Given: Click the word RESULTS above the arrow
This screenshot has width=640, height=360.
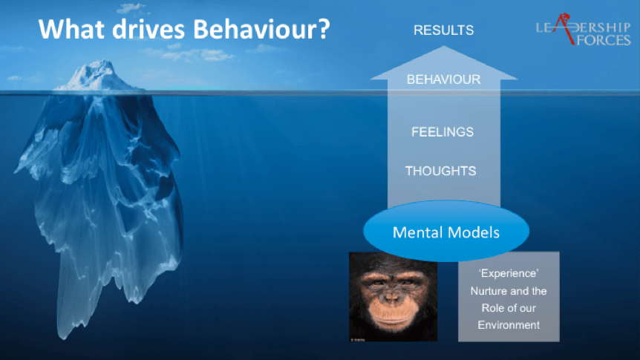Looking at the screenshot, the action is tap(444, 30).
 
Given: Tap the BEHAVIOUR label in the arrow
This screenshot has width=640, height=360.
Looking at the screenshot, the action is tap(444, 79).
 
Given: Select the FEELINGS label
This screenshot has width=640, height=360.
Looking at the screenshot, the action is tap(443, 132).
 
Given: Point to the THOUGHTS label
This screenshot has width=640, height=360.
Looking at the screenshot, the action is tap(441, 171).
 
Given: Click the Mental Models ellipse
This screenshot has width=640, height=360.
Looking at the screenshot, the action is tap(446, 231).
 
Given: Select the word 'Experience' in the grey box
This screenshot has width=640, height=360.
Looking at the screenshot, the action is tap(509, 273).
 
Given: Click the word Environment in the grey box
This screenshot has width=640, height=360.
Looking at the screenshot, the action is tap(509, 325).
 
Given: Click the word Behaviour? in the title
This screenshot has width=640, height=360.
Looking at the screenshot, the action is tap(261, 30).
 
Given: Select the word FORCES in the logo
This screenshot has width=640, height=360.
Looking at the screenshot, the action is tap(604, 40).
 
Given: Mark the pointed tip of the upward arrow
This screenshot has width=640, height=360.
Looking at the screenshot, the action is tap(444, 47).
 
